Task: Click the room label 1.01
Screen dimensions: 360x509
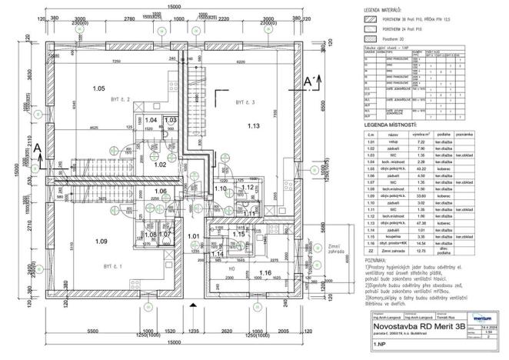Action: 193,236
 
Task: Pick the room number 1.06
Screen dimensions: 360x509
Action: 160,191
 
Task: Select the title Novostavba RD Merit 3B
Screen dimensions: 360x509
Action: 418,326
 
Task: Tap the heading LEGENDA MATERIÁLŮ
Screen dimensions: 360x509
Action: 392,9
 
